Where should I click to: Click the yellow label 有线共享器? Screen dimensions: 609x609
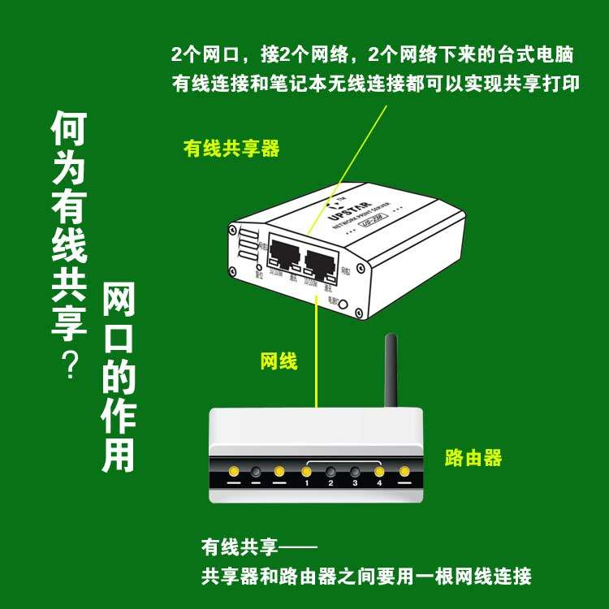point(231,149)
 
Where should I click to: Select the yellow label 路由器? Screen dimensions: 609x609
point(473,458)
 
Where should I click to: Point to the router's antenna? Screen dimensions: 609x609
point(391,373)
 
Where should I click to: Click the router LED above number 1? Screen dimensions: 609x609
point(306,471)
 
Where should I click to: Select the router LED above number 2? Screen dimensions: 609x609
point(330,471)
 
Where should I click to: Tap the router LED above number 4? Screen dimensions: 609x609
point(378,471)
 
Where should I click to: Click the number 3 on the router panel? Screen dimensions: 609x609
point(355,483)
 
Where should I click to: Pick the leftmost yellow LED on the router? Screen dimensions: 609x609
point(233,471)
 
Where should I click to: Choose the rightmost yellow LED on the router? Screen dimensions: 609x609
point(404,471)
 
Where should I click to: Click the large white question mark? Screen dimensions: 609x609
point(69,364)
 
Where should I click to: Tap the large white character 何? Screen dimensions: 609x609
point(69,130)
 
